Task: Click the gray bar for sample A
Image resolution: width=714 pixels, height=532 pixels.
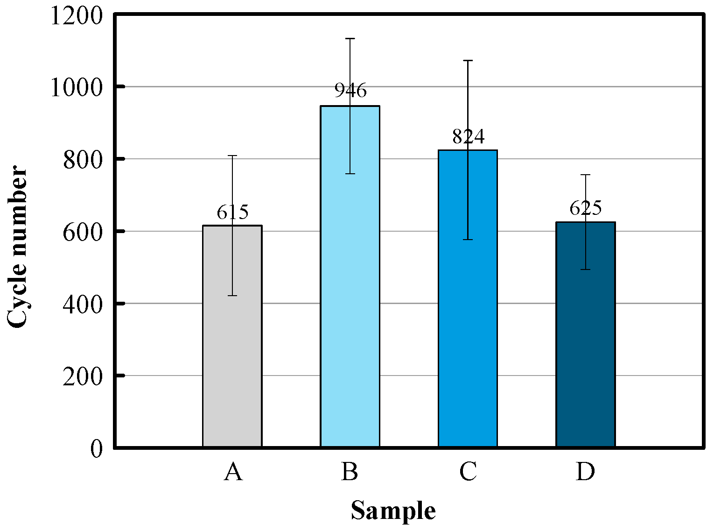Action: point(232,336)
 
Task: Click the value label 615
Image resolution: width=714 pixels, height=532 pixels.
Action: point(232,213)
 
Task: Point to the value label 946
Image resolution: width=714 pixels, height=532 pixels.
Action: point(350,90)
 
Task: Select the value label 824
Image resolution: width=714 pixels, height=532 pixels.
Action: point(468,136)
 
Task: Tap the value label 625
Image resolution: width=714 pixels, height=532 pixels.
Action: point(586,208)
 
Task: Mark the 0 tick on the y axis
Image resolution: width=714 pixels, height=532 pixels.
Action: point(96,448)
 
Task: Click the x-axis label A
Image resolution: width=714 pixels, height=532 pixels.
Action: point(233,472)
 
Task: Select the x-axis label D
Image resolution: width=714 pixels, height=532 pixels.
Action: point(585,472)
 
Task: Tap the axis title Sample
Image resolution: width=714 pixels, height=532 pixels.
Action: point(393,511)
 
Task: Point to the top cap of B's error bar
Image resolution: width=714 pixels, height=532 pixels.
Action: point(350,39)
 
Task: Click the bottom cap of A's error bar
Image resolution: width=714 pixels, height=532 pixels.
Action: point(232,296)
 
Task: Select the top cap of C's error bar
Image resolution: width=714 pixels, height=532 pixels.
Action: point(468,61)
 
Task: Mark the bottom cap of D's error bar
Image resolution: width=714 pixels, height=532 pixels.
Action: point(585,270)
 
